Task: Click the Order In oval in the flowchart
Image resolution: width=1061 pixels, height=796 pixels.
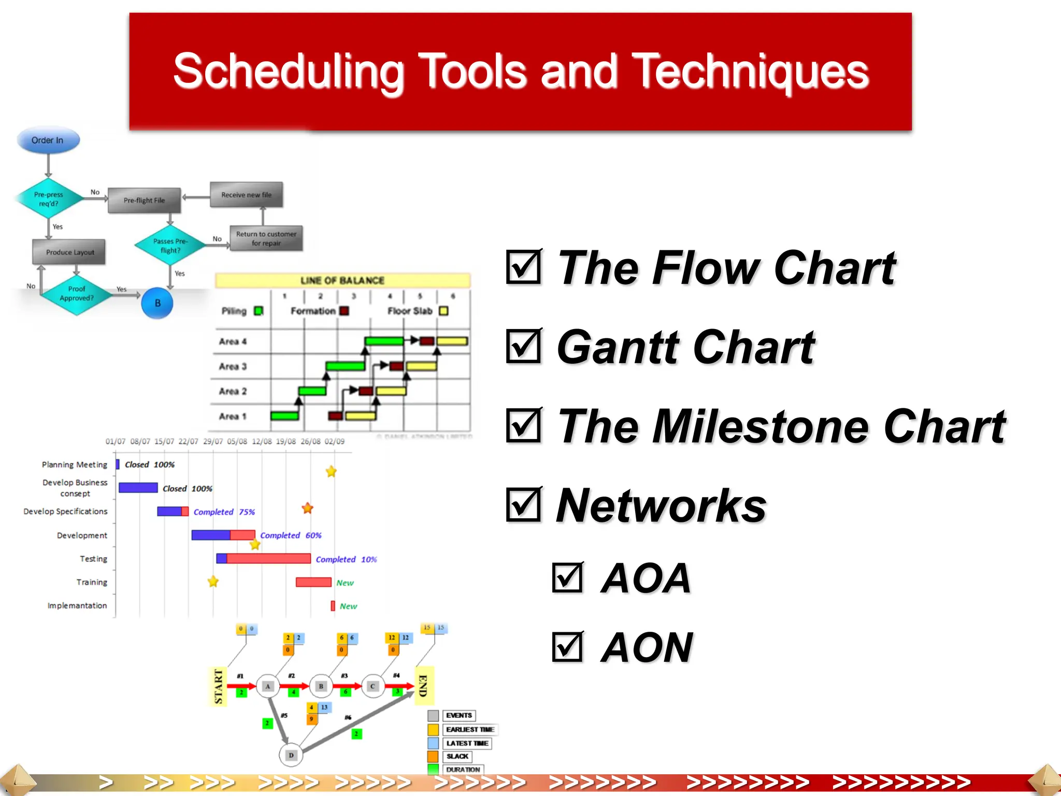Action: (x=48, y=140)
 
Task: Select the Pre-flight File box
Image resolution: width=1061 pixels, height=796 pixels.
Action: (x=144, y=201)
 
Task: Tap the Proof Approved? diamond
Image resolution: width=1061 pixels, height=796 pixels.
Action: (x=76, y=294)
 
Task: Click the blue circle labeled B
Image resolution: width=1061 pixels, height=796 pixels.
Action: (x=157, y=303)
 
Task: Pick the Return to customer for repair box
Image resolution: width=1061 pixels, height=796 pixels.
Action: (x=266, y=238)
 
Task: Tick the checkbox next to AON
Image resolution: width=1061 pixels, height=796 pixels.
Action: (x=568, y=647)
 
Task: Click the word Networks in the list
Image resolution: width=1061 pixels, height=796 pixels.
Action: (x=661, y=506)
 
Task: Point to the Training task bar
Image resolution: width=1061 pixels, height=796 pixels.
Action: (x=313, y=582)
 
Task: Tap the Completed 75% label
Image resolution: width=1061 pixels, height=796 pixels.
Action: (x=224, y=512)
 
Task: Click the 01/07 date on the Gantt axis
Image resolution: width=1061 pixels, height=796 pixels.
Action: (x=115, y=442)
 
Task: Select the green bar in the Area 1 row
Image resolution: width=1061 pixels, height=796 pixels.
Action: (x=284, y=416)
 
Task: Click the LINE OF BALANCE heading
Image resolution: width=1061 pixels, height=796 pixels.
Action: (x=342, y=280)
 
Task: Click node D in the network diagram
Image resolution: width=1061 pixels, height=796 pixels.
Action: (x=291, y=755)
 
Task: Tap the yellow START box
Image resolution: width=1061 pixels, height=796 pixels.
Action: (x=218, y=687)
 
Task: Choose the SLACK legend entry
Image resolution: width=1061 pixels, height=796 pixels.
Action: (x=456, y=757)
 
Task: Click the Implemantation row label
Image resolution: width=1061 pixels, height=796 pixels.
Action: (x=77, y=606)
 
